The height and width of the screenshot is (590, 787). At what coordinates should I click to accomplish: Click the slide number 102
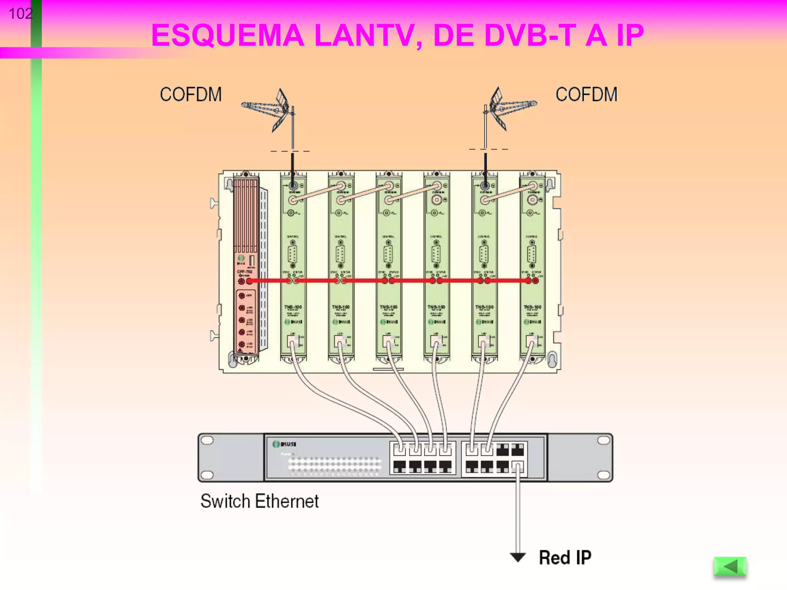pyautogui.click(x=20, y=14)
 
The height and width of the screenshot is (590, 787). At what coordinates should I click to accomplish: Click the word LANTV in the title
pyautogui.click(x=367, y=36)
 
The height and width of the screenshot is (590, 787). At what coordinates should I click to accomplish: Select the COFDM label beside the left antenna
pyautogui.click(x=191, y=94)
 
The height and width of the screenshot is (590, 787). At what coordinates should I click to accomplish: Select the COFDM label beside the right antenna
pyautogui.click(x=586, y=94)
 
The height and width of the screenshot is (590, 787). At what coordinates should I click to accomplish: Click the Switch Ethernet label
pyautogui.click(x=259, y=501)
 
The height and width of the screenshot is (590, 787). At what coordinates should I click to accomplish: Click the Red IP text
pyautogui.click(x=565, y=558)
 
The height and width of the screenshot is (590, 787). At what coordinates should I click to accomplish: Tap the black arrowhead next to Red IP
pyautogui.click(x=518, y=557)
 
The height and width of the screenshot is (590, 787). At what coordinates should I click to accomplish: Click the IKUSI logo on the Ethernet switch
pyautogui.click(x=284, y=444)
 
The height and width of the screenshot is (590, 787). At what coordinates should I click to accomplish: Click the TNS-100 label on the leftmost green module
pyautogui.click(x=293, y=307)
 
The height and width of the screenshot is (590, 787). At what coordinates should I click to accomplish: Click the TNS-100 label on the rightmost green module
pyautogui.click(x=532, y=307)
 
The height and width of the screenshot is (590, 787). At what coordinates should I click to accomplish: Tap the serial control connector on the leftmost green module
pyautogui.click(x=293, y=254)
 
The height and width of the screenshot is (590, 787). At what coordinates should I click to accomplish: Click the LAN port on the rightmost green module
pyautogui.click(x=531, y=340)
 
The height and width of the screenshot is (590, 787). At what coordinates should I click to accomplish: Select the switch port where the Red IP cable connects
pyautogui.click(x=518, y=467)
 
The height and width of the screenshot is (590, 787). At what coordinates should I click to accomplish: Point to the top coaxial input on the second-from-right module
pyautogui.click(x=485, y=186)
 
